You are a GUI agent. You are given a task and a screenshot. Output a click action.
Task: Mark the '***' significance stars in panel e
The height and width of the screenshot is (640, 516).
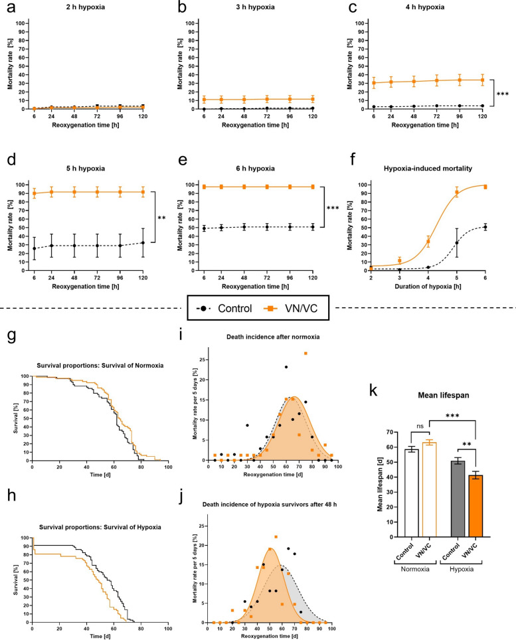click(x=332, y=207)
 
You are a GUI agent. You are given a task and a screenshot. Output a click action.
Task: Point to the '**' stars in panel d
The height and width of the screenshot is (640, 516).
click(x=161, y=217)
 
